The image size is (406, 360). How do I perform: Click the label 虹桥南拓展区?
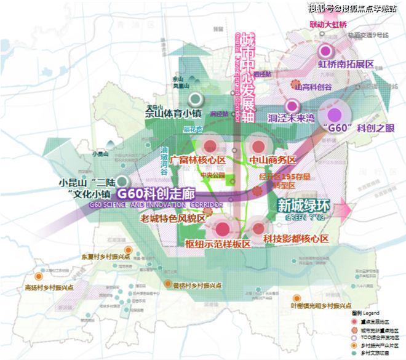pos(346,64)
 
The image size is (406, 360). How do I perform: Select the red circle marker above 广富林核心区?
pos(210,146)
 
